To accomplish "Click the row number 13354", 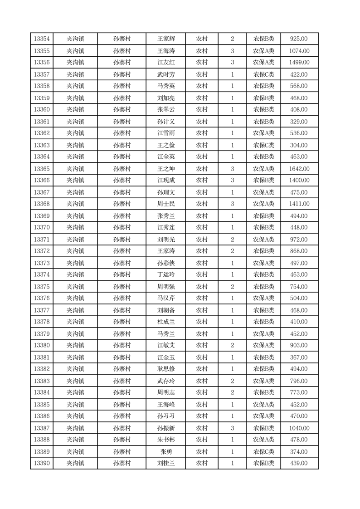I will [x=42, y=39].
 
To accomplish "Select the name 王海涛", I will [x=166, y=51].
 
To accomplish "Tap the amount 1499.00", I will [x=299, y=63].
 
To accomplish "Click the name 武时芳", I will [x=166, y=74].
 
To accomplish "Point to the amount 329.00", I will [x=299, y=122].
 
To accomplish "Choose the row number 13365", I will [x=42, y=169].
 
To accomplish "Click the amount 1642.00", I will [x=299, y=169].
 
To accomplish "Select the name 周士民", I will [x=166, y=204].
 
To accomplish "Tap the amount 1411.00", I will [x=299, y=204].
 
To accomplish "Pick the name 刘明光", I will [x=166, y=240].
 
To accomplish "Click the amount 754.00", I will [x=299, y=287].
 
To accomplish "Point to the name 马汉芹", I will [x=166, y=299].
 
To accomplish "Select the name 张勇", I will [x=166, y=452].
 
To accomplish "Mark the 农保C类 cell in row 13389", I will [x=263, y=452].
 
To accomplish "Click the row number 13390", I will [x=42, y=463].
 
